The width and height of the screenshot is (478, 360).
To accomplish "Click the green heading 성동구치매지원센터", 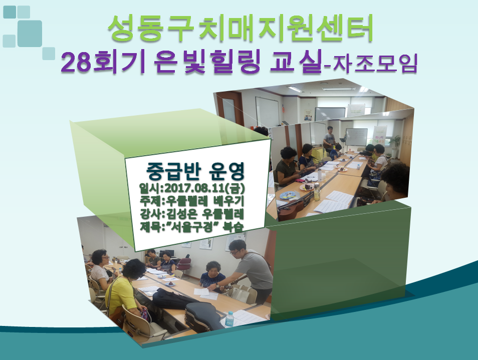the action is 241,28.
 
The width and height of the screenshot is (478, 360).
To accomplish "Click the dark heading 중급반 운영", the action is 195,171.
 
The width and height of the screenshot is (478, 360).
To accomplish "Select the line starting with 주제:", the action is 192,201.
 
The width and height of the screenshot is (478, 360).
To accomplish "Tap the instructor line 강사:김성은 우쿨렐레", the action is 192,214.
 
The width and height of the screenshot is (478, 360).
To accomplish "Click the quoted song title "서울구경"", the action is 191,227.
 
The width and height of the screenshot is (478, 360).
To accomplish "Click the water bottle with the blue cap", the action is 229,319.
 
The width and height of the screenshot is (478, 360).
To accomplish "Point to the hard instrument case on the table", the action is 202,316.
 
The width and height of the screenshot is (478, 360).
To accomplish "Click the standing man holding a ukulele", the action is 330,140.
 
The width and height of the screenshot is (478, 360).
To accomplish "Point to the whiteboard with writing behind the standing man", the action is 356,137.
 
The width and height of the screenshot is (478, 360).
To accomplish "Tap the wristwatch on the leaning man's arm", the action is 217,285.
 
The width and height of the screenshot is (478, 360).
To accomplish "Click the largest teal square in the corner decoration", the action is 30,34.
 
